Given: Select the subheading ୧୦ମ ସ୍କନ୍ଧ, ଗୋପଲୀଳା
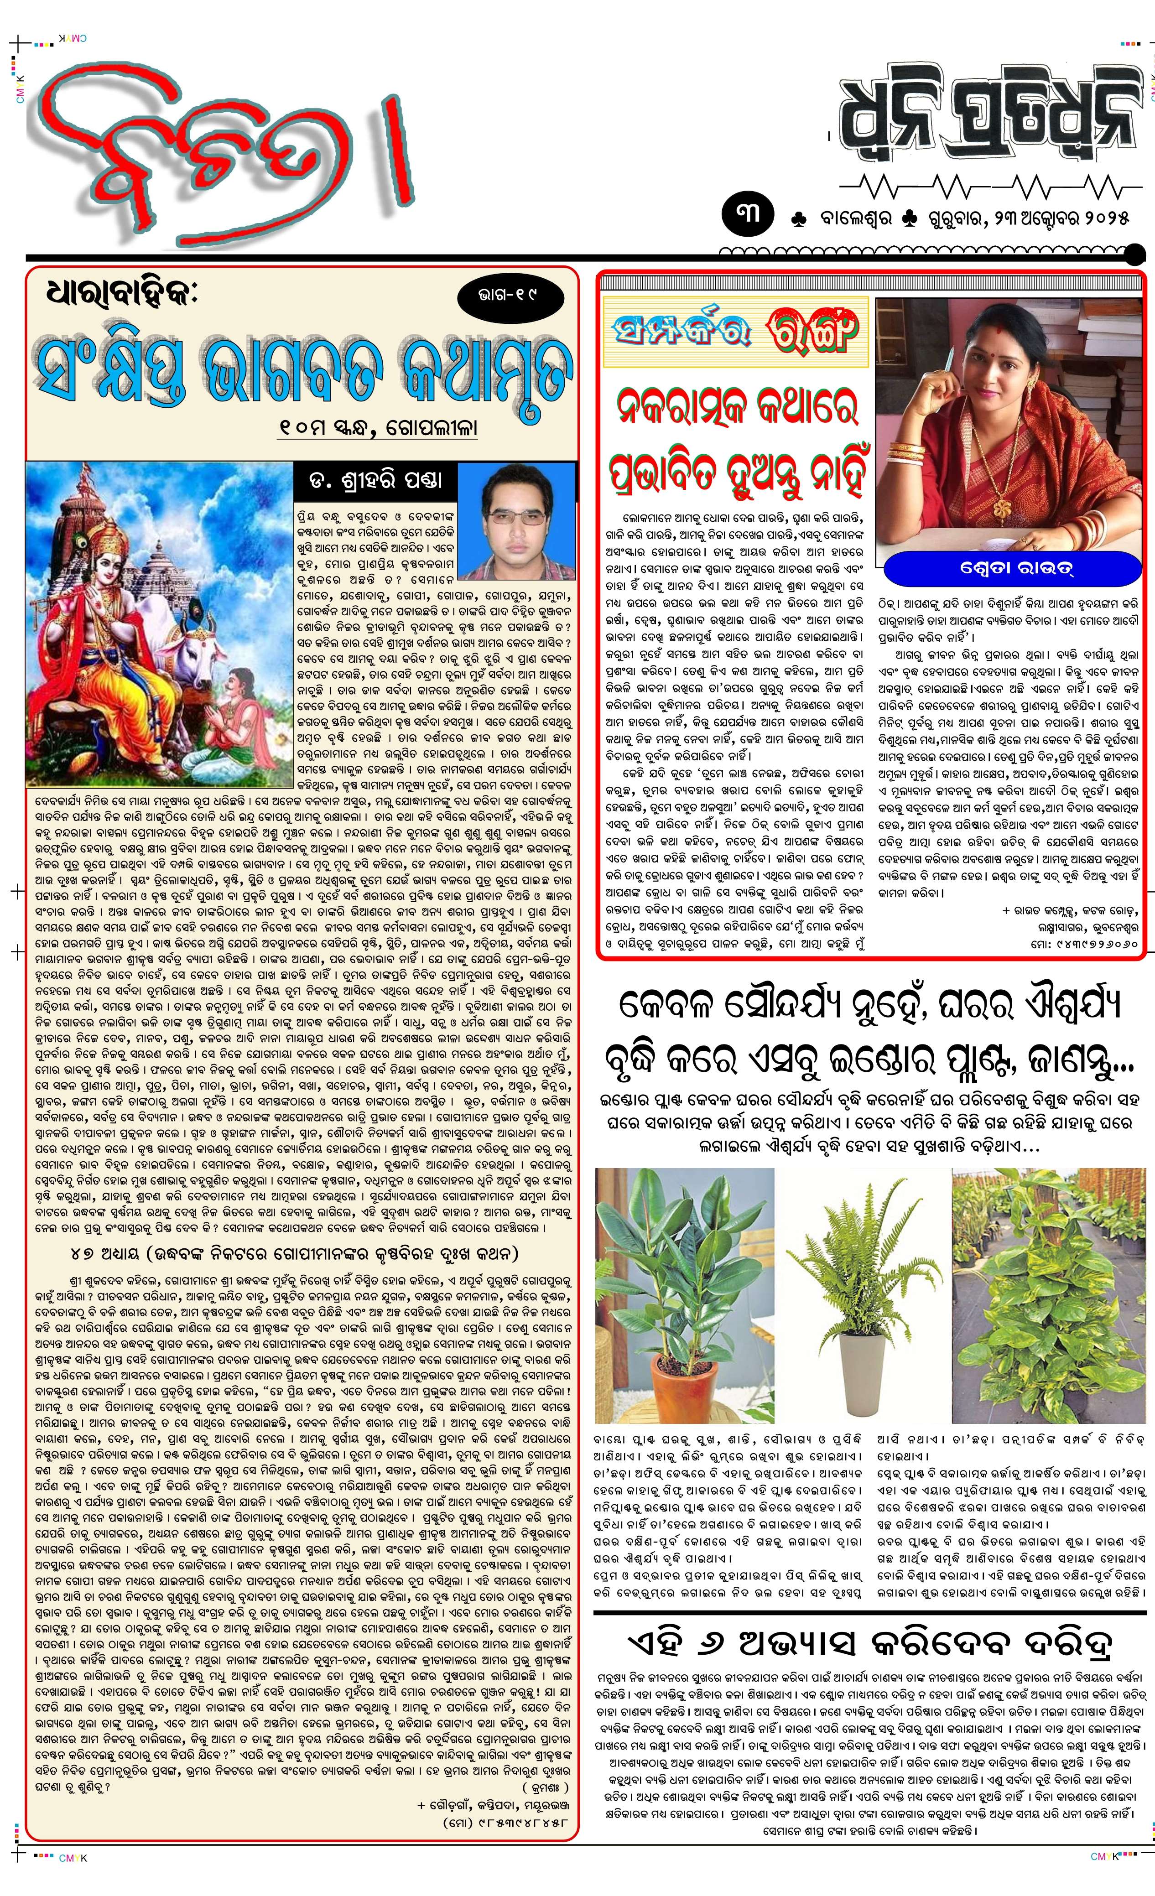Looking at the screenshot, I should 377,427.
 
